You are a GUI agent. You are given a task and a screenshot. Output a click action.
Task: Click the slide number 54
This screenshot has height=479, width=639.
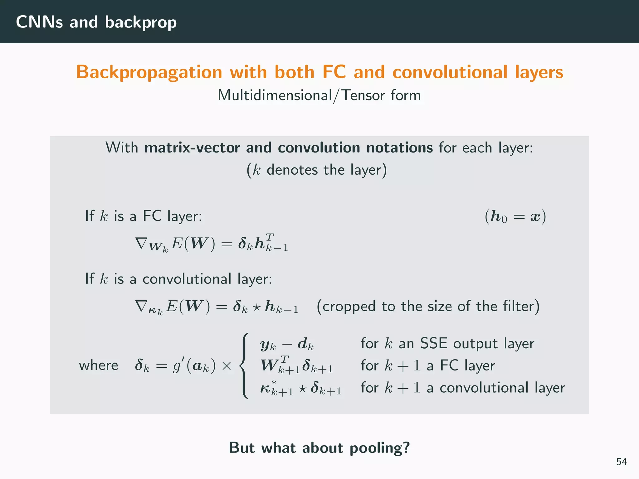click(621, 462)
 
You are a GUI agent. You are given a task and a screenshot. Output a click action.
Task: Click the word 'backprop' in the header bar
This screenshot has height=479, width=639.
click(141, 22)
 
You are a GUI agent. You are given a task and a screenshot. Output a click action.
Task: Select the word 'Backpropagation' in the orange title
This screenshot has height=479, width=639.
click(149, 72)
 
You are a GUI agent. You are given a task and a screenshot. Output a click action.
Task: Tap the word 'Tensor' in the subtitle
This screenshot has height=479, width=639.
click(362, 95)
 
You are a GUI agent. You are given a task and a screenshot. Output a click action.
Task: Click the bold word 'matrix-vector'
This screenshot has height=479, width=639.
click(192, 148)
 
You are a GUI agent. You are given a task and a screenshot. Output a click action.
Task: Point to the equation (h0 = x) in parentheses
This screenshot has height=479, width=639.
click(515, 216)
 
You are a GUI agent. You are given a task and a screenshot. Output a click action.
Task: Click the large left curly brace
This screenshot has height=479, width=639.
click(244, 365)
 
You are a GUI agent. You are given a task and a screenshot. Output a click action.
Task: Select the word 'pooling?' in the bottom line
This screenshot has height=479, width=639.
click(380, 448)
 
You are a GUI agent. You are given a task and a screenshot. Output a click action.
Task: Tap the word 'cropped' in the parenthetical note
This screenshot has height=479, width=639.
click(349, 306)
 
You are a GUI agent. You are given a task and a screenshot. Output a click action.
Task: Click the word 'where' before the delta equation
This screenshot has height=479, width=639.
click(99, 365)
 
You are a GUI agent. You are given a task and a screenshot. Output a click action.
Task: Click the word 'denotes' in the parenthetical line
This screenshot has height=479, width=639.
click(292, 170)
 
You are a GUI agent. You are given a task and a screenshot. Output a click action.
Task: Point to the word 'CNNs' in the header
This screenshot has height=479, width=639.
click(39, 22)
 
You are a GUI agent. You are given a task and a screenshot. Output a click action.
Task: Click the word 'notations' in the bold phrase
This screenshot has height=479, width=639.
click(399, 148)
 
